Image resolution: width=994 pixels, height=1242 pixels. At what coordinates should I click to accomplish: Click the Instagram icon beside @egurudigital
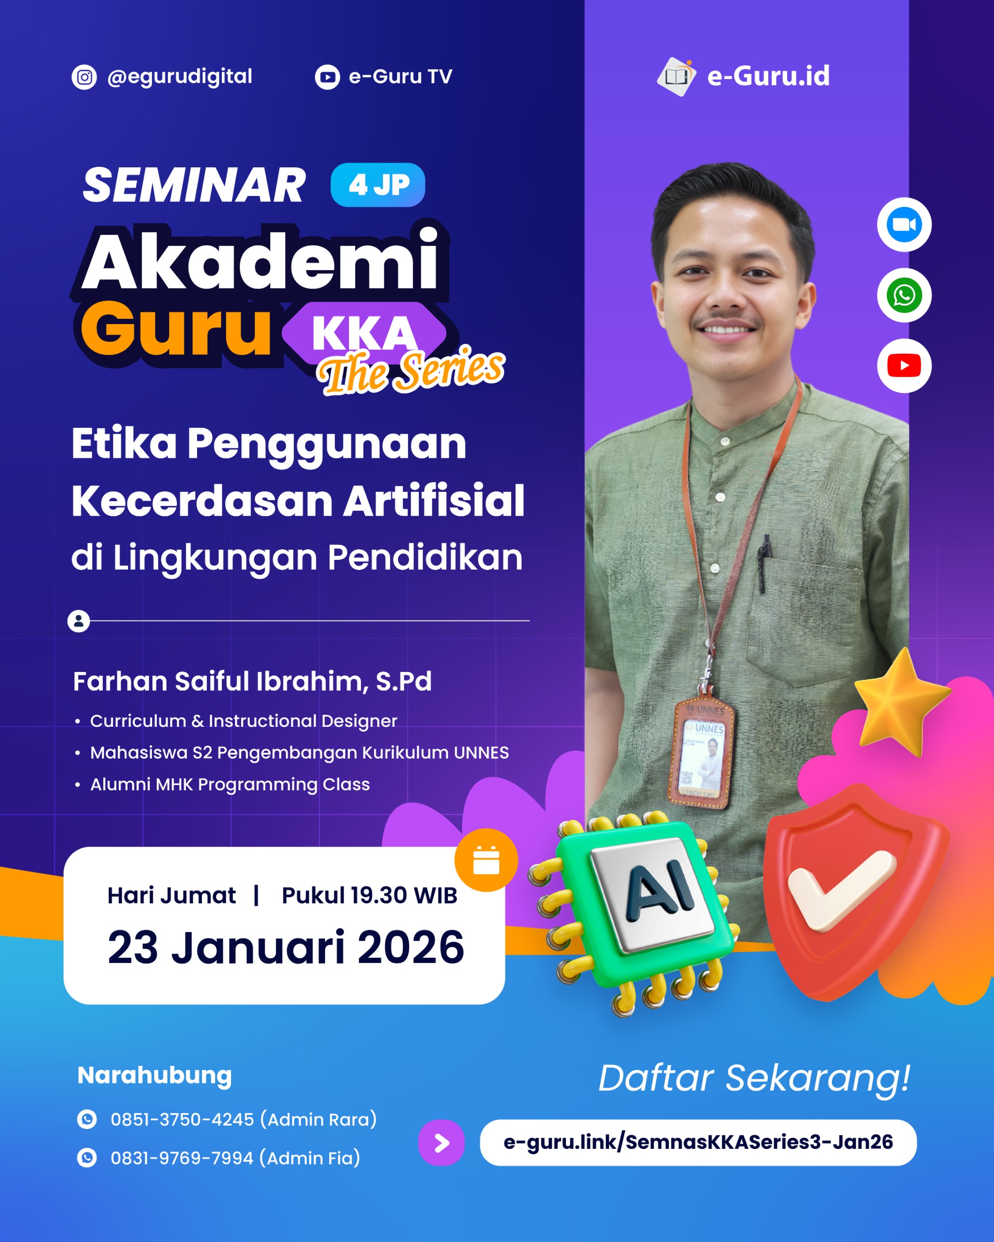click(x=84, y=77)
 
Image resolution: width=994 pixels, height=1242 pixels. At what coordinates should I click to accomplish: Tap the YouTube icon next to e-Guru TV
click(x=327, y=77)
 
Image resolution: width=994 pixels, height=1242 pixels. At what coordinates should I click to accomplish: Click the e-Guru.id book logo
click(x=676, y=77)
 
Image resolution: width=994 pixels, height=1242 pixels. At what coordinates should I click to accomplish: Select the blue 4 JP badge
click(x=378, y=185)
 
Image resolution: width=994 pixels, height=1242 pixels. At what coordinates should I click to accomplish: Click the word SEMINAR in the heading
click(x=194, y=185)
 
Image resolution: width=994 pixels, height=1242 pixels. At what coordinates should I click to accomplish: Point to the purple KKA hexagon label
click(x=364, y=333)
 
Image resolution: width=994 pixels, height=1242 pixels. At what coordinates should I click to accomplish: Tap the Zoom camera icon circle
click(x=904, y=225)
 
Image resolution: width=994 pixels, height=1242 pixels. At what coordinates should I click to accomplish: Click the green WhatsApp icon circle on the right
click(x=904, y=295)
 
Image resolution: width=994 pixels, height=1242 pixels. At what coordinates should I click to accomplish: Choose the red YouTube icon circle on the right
click(x=904, y=366)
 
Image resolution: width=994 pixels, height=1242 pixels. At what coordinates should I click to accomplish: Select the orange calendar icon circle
click(x=486, y=860)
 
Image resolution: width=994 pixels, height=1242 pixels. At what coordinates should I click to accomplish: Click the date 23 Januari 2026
click(x=285, y=948)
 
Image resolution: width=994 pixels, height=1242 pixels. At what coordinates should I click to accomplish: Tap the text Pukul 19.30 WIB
click(x=369, y=895)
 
